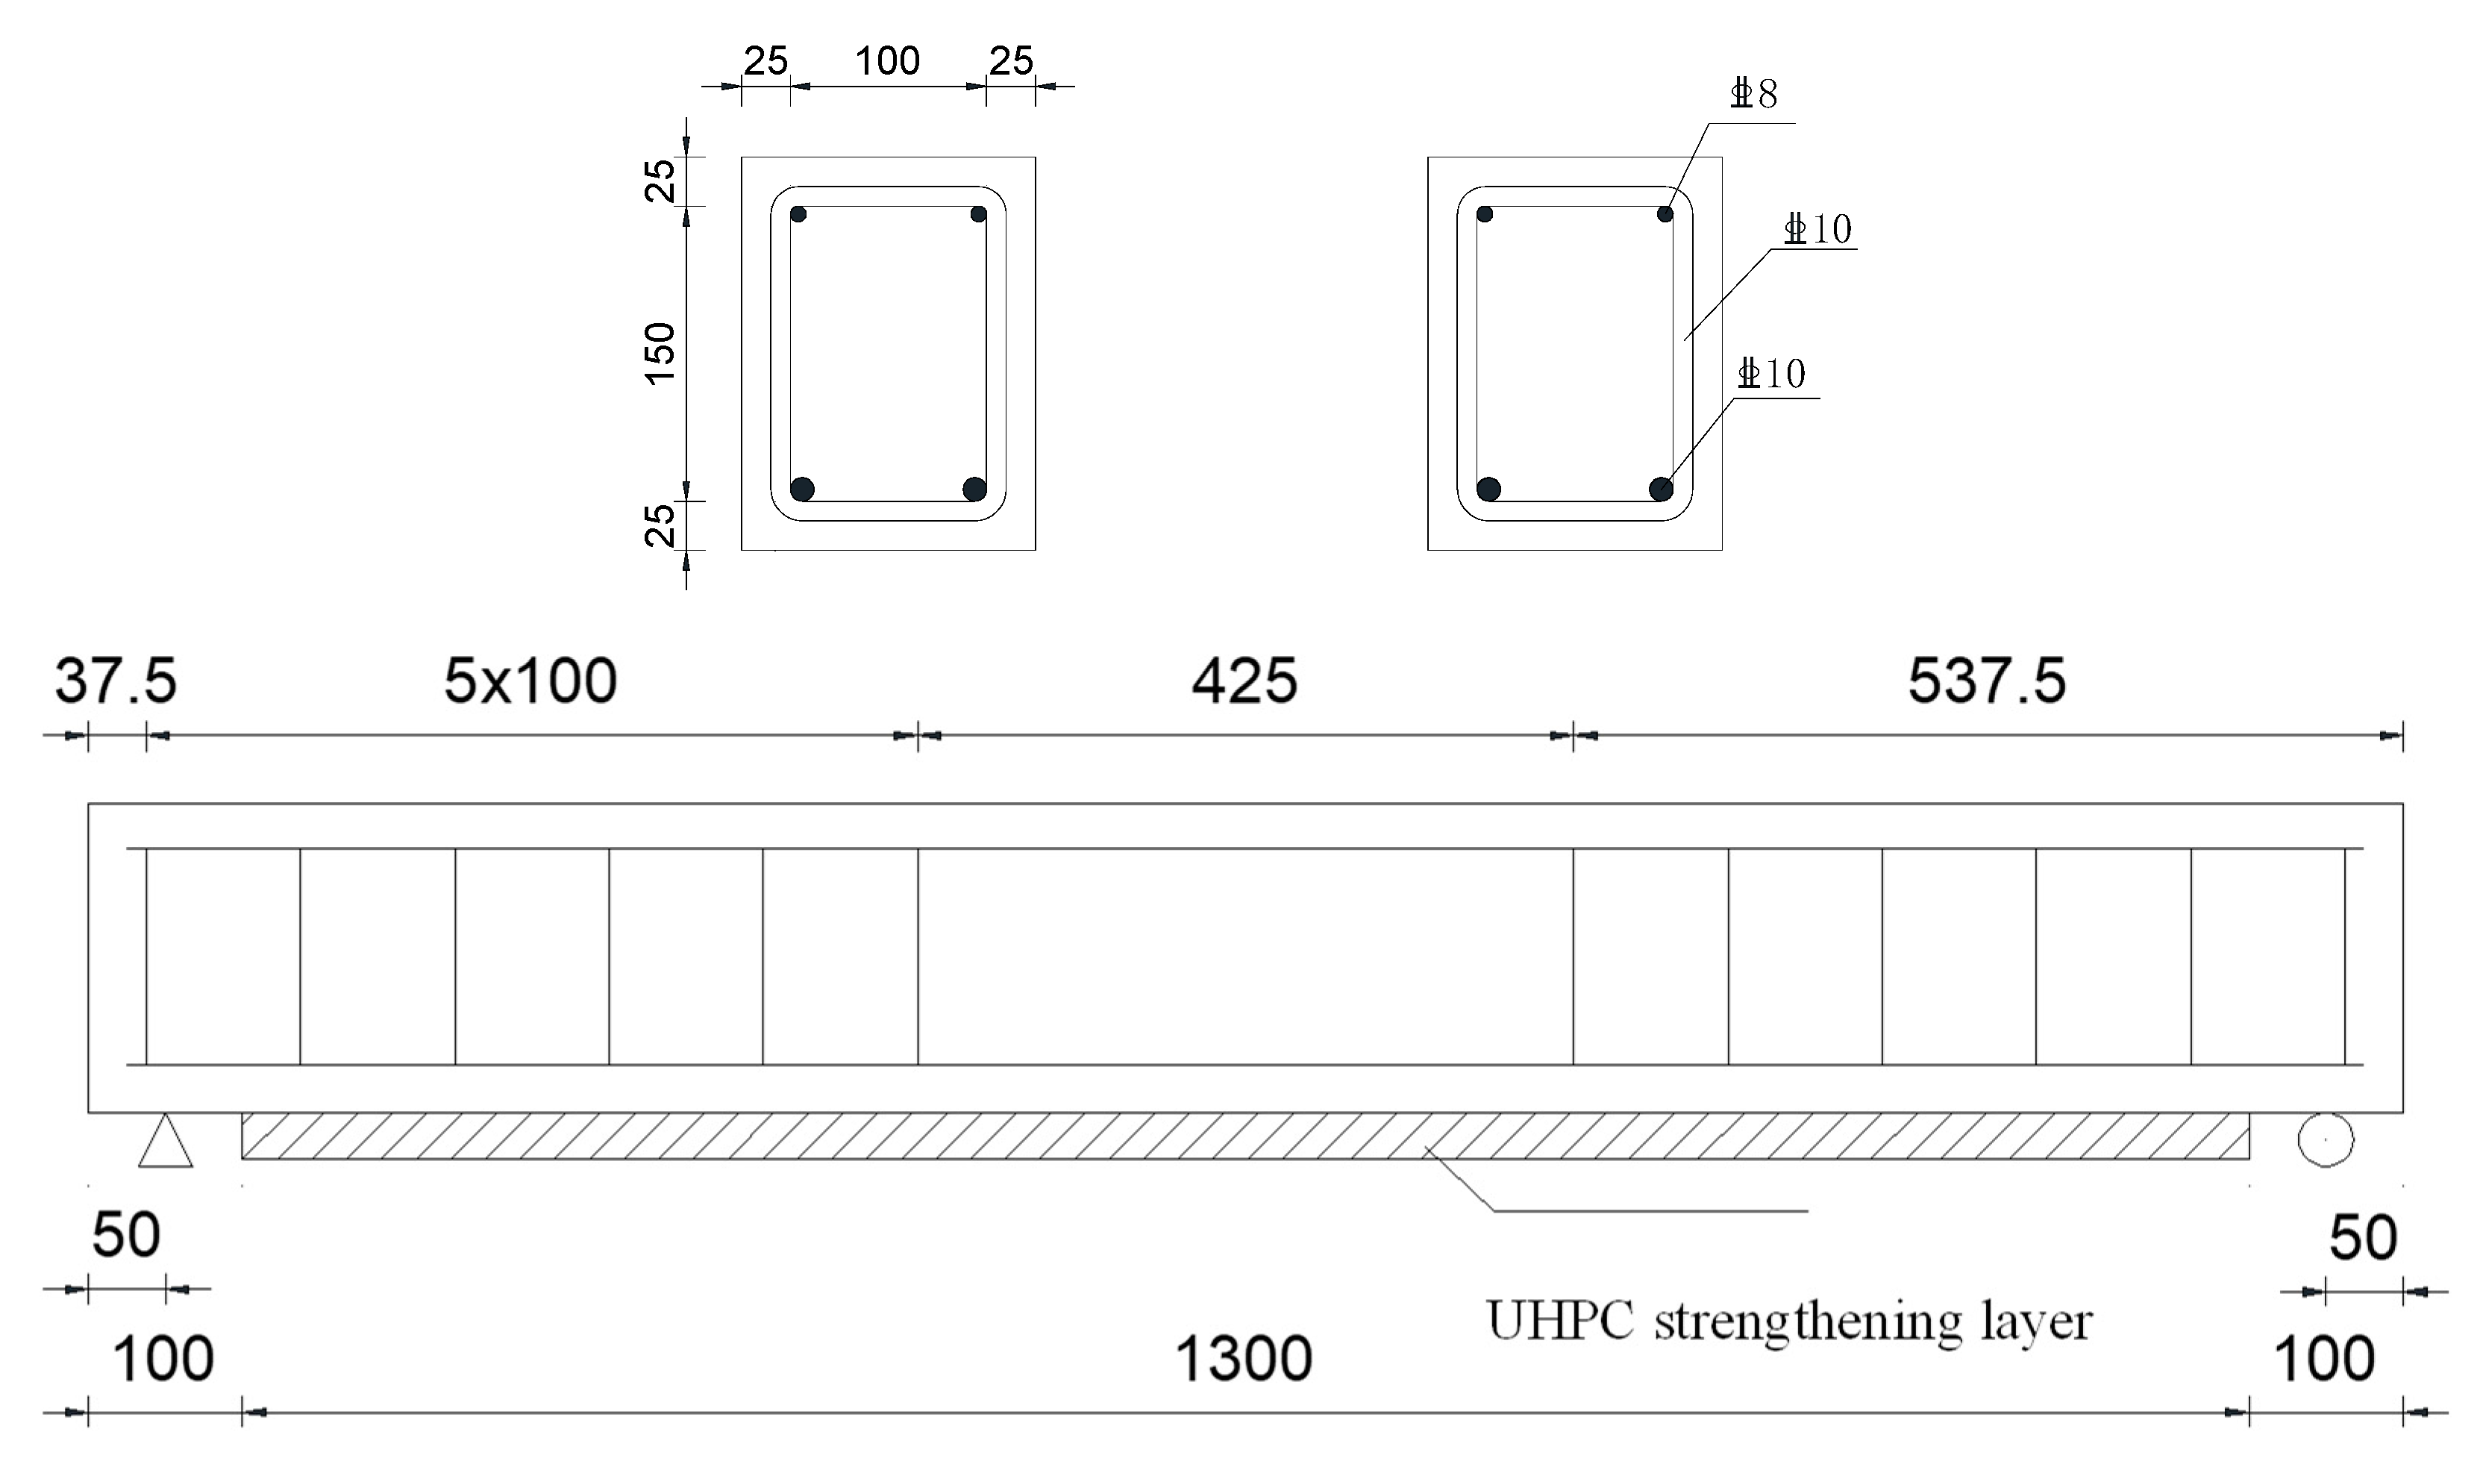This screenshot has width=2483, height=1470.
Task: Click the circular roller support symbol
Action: coord(2326,1139)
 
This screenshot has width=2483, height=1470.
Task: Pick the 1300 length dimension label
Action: coord(1243,1359)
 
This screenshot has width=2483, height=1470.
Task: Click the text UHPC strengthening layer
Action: coord(1788,1322)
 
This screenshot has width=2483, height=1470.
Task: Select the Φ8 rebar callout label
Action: coord(1754,95)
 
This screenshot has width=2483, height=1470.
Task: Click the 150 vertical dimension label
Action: coord(660,354)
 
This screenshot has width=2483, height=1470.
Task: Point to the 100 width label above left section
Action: coord(887,61)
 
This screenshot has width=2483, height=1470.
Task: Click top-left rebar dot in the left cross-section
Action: coord(798,215)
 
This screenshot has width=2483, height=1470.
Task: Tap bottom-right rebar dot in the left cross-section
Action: coord(974,488)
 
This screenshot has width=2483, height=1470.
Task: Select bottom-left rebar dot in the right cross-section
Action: coord(1488,488)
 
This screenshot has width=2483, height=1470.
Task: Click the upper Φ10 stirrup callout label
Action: coord(1817,230)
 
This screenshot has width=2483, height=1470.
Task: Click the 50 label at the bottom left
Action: coord(126,1236)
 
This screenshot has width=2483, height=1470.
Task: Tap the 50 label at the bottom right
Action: coord(2363,1238)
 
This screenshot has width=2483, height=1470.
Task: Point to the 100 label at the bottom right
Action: coord(2323,1359)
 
